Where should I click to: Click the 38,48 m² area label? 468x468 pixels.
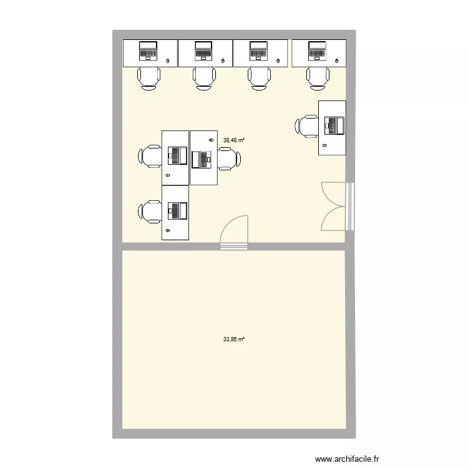[234, 140]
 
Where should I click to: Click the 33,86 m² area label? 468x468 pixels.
[234, 339]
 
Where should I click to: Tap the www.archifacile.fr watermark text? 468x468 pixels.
[347, 459]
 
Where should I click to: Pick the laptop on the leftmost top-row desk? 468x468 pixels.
[149, 51]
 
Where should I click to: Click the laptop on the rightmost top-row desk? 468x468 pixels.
[318, 51]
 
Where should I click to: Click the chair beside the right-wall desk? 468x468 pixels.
[308, 125]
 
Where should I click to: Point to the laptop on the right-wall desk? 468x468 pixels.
[335, 125]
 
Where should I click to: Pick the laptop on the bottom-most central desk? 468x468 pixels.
[177, 211]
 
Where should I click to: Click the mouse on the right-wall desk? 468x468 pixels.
[324, 145]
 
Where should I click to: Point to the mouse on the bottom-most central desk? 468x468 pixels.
[167, 231]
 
